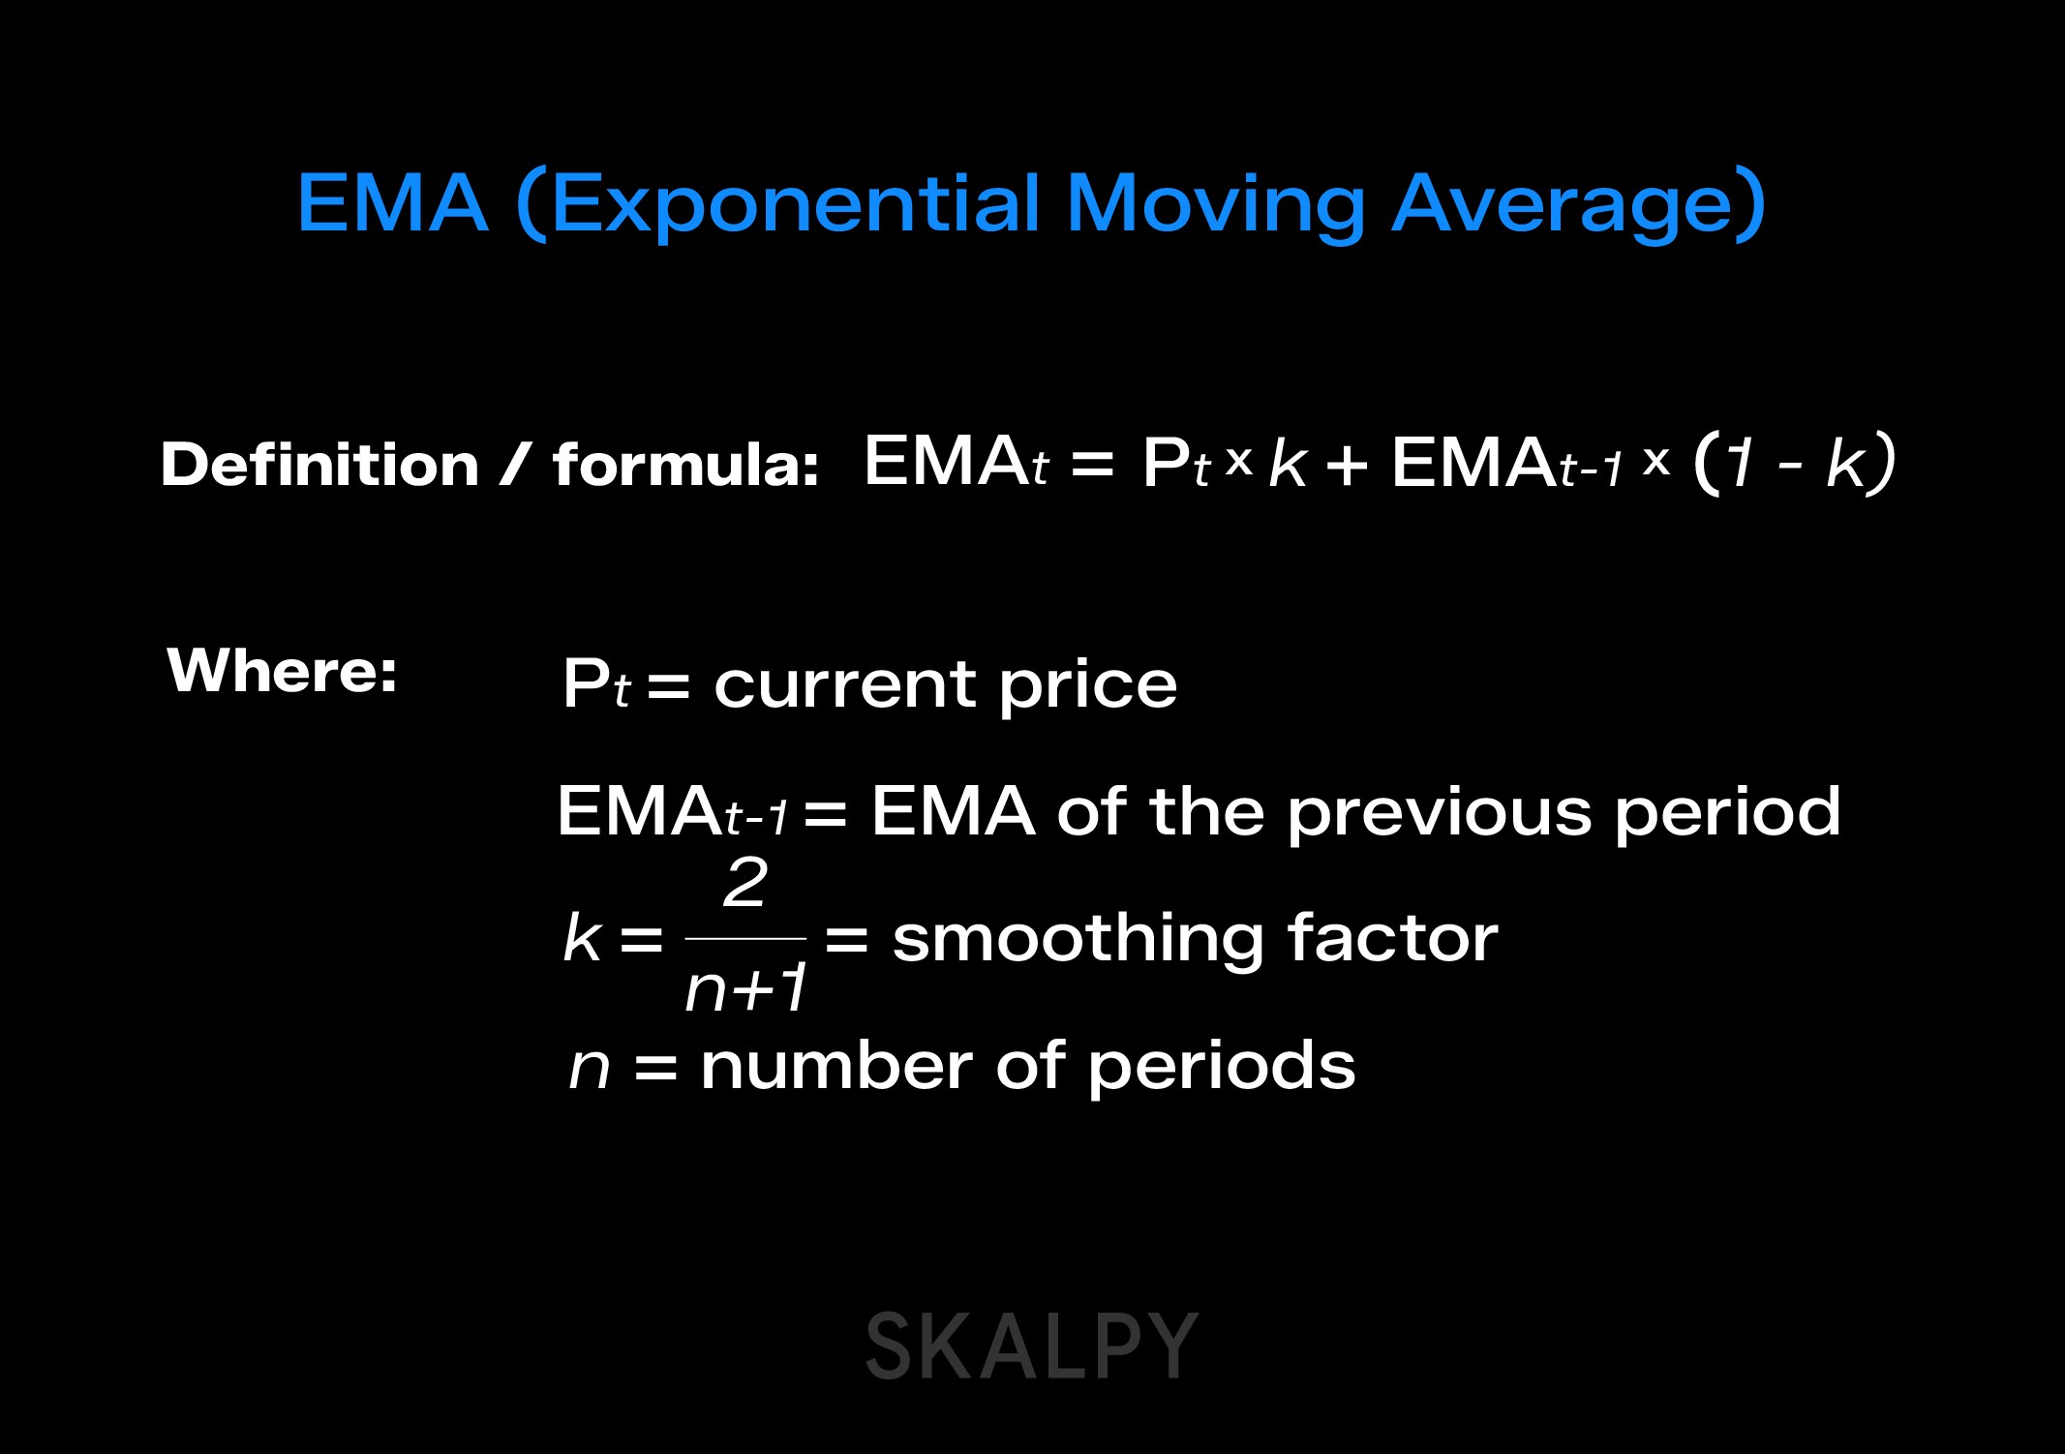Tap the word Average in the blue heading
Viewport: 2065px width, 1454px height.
pyautogui.click(x=1560, y=205)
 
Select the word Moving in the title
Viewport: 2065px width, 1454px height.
pyautogui.click(x=1215, y=205)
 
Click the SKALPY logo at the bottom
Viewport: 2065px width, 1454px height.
pyautogui.click(x=1031, y=1347)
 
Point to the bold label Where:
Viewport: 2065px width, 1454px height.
pyautogui.click(x=282, y=670)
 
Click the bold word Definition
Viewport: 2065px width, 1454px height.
pyautogui.click(x=319, y=465)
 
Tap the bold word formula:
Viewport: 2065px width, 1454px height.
pyautogui.click(x=685, y=465)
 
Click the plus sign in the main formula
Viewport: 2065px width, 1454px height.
pyautogui.click(x=1347, y=465)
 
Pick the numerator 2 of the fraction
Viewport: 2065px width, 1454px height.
pyautogui.click(x=745, y=883)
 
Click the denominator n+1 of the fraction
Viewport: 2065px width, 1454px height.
pyautogui.click(x=745, y=989)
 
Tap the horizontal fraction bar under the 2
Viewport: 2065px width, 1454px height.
pyautogui.click(x=745, y=938)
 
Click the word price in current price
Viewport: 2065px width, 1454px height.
pyautogui.click(x=1087, y=685)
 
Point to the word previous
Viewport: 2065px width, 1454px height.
pyautogui.click(x=1439, y=811)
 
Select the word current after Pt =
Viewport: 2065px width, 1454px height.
pyautogui.click(x=845, y=684)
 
